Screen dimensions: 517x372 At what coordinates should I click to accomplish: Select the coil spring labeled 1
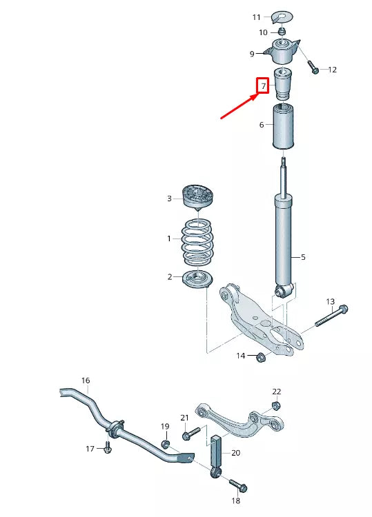(197, 241)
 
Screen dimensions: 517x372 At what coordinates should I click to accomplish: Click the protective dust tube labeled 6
(284, 128)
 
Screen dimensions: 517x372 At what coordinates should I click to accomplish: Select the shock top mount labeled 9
(283, 51)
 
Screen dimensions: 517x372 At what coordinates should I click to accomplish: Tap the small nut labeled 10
(283, 31)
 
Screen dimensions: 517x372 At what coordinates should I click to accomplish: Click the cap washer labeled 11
(283, 14)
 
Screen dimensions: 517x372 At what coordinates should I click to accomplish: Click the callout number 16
(86, 381)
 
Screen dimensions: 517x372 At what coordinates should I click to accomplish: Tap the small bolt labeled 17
(107, 448)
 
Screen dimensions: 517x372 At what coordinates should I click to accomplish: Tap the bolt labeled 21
(190, 434)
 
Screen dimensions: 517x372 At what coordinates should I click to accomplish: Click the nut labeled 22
(276, 405)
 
